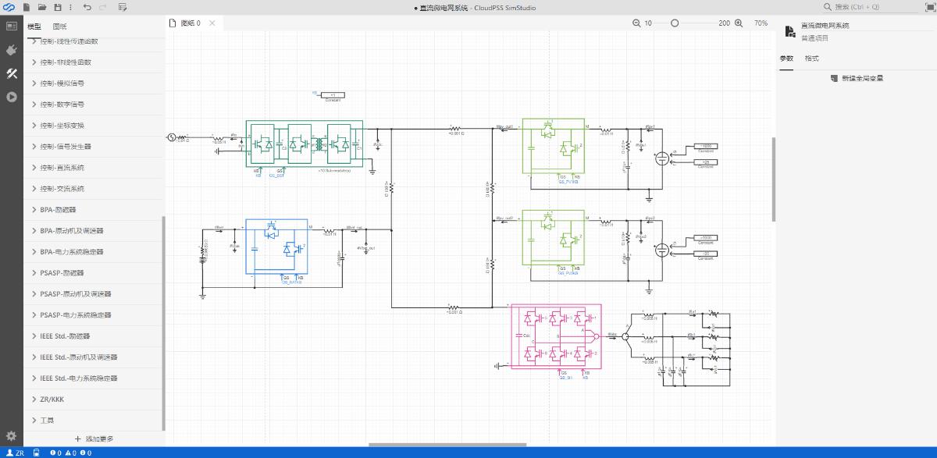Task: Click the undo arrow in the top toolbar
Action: click(x=87, y=7)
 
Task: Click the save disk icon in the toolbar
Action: click(x=58, y=7)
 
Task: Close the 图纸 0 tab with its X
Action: click(x=212, y=23)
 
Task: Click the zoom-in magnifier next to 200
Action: click(x=739, y=23)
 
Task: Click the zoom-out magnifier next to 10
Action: click(x=636, y=23)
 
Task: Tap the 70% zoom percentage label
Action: click(x=761, y=23)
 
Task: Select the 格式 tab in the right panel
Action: click(x=812, y=59)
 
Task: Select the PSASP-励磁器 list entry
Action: click(x=62, y=273)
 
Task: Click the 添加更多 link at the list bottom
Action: click(x=94, y=439)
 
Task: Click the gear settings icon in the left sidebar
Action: click(x=11, y=436)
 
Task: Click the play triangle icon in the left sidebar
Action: click(x=12, y=98)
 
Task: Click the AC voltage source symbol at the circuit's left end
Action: click(x=173, y=137)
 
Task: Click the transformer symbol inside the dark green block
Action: click(x=318, y=144)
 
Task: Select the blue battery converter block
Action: click(x=276, y=246)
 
